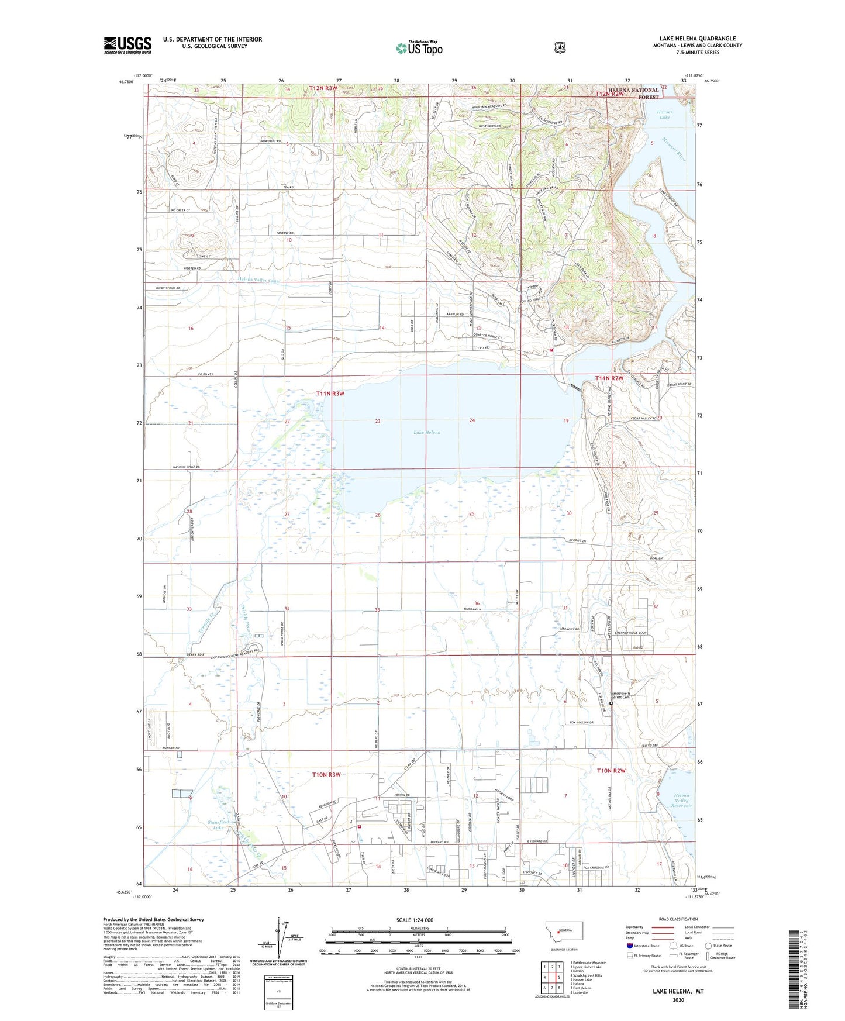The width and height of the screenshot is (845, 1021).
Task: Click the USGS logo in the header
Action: [x=127, y=45]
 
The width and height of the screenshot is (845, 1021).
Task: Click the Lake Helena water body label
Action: [x=427, y=432]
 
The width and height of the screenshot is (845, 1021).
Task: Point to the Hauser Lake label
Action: [x=665, y=115]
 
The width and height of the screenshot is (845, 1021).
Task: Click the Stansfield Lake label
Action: [x=217, y=825]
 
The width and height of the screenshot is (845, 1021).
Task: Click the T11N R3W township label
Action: [x=330, y=394]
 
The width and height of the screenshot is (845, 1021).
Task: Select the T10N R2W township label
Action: [x=611, y=771]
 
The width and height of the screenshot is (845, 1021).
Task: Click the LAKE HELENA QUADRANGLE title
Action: [x=697, y=39]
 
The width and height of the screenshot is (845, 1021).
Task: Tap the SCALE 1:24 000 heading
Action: [x=415, y=920]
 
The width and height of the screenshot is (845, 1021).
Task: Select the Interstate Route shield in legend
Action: [x=630, y=946]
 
